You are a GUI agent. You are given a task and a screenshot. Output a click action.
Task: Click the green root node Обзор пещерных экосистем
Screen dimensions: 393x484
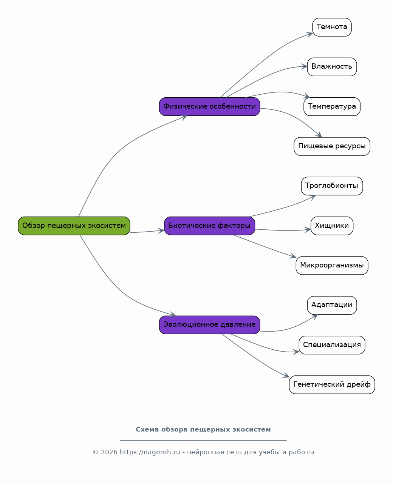pos(74,226)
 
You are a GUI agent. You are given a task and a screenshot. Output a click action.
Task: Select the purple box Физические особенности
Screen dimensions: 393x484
pos(209,107)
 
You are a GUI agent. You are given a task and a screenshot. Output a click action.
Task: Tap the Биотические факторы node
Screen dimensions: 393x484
pos(209,226)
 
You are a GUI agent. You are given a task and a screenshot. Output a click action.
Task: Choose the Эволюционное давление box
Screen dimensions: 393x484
pos(209,325)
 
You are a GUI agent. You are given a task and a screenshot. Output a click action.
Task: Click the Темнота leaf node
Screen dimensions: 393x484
pos(332,27)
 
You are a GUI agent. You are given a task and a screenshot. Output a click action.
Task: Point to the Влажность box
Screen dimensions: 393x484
pos(332,67)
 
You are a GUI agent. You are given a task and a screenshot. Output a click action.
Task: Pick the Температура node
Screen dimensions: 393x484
pos(332,107)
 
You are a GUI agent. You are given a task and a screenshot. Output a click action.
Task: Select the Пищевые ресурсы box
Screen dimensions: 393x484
pos(332,146)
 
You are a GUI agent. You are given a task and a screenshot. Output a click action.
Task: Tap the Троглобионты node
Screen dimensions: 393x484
pos(332,186)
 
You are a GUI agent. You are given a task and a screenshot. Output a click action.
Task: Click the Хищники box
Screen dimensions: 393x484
pos(332,226)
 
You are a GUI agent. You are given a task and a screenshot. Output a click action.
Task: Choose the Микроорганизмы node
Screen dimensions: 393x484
pos(332,266)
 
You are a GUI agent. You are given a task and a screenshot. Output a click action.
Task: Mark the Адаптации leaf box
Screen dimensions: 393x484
pos(332,305)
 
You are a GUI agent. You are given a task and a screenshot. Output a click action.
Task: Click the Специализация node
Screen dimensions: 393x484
pos(332,345)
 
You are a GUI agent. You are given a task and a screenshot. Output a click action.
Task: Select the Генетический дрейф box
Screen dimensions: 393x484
pos(332,385)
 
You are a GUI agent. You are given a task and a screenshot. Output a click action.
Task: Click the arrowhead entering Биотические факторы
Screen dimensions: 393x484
pos(161,230)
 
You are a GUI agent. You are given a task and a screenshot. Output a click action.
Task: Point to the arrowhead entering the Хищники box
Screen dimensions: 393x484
pos(308,229)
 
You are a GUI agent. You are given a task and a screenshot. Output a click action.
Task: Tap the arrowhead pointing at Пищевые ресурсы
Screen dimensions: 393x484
pos(319,135)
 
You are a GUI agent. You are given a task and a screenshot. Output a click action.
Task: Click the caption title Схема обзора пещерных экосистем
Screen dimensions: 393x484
pos(203,429)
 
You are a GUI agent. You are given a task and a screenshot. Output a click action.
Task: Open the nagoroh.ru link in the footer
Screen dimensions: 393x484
pos(150,452)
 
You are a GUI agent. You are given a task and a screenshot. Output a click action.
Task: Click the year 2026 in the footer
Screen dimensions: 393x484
pos(109,452)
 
